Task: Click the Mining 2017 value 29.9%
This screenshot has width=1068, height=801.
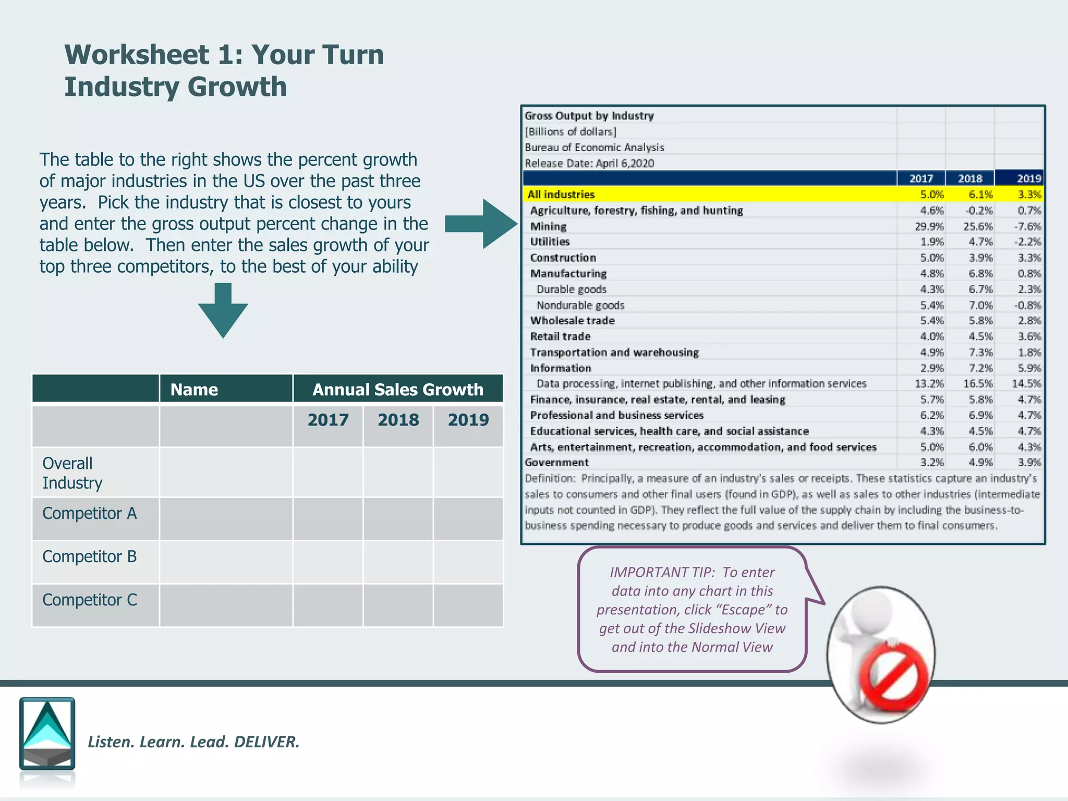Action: (x=929, y=226)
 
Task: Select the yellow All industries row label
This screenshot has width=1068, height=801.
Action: (x=561, y=195)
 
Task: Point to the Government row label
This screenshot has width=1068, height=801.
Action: (x=556, y=463)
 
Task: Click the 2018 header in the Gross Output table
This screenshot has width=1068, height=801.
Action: (x=969, y=178)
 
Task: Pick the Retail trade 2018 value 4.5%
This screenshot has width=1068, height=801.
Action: (x=980, y=336)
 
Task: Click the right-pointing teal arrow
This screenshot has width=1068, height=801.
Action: (x=480, y=224)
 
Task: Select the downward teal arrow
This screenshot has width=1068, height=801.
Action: (x=223, y=311)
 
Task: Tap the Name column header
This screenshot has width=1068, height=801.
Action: (x=194, y=390)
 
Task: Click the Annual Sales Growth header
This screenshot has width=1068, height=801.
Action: (x=397, y=390)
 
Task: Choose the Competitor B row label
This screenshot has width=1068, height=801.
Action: (x=89, y=556)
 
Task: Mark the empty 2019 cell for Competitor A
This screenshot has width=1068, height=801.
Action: (x=468, y=519)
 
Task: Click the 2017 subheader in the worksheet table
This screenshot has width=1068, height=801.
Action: (x=327, y=420)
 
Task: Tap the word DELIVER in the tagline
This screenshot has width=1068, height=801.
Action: (x=266, y=742)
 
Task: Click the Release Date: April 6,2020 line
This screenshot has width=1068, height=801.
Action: (x=589, y=163)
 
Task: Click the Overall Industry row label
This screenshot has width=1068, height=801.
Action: (x=72, y=473)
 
